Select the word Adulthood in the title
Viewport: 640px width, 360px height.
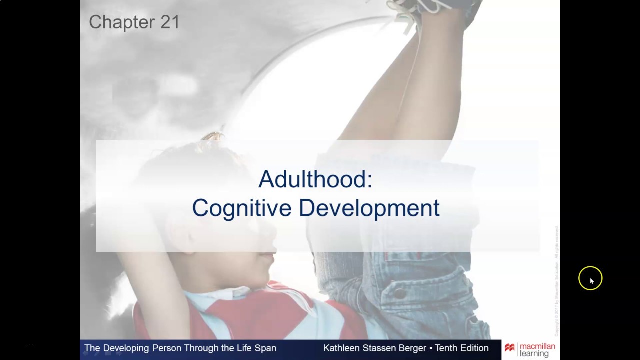tap(315, 179)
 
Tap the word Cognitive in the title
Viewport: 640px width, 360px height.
tap(241, 208)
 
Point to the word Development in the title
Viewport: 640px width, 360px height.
tap(369, 208)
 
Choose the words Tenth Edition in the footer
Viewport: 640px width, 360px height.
tap(461, 348)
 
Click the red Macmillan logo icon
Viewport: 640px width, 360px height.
tap(510, 348)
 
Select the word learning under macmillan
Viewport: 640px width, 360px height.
tap(534, 354)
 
